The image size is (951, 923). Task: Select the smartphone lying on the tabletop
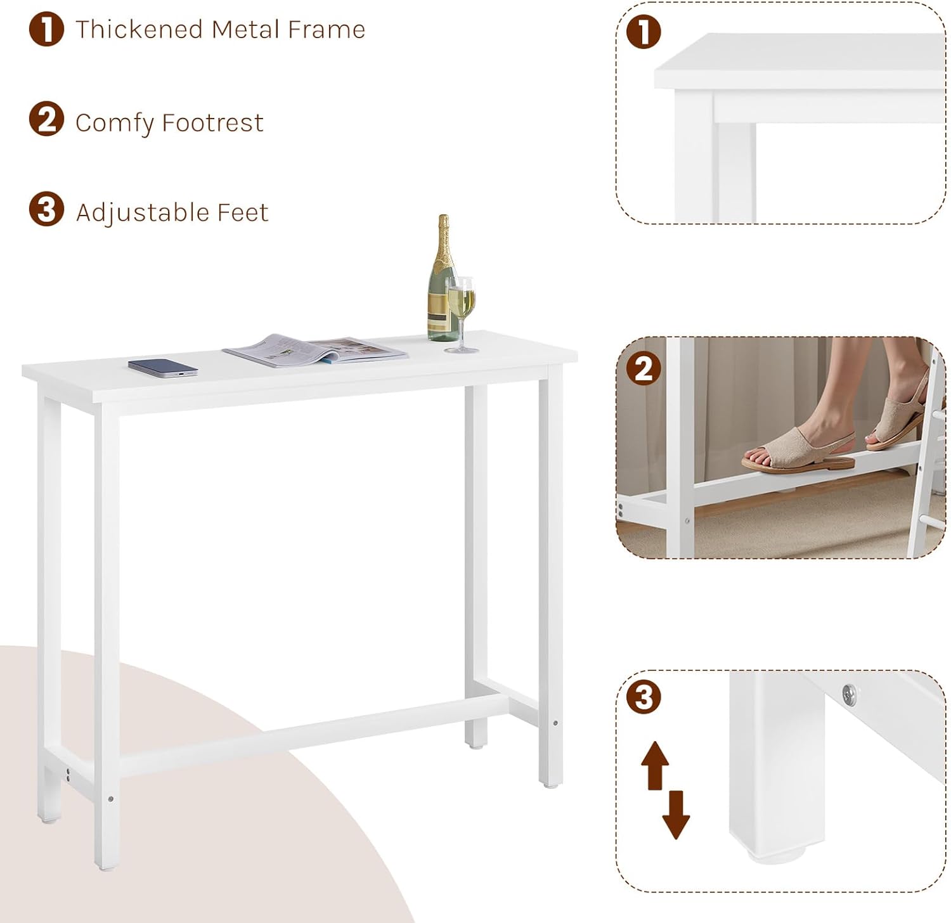163,368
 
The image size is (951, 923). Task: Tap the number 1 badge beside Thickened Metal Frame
46,29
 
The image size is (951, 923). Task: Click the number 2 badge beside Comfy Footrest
46,119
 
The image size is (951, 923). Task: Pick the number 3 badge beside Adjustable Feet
46,209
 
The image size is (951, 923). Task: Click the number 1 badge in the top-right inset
644,32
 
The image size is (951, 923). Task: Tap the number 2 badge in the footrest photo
644,369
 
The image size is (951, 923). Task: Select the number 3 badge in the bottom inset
644,697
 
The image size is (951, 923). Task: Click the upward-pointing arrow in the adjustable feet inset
656,766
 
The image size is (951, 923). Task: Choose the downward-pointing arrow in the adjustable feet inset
676,815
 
